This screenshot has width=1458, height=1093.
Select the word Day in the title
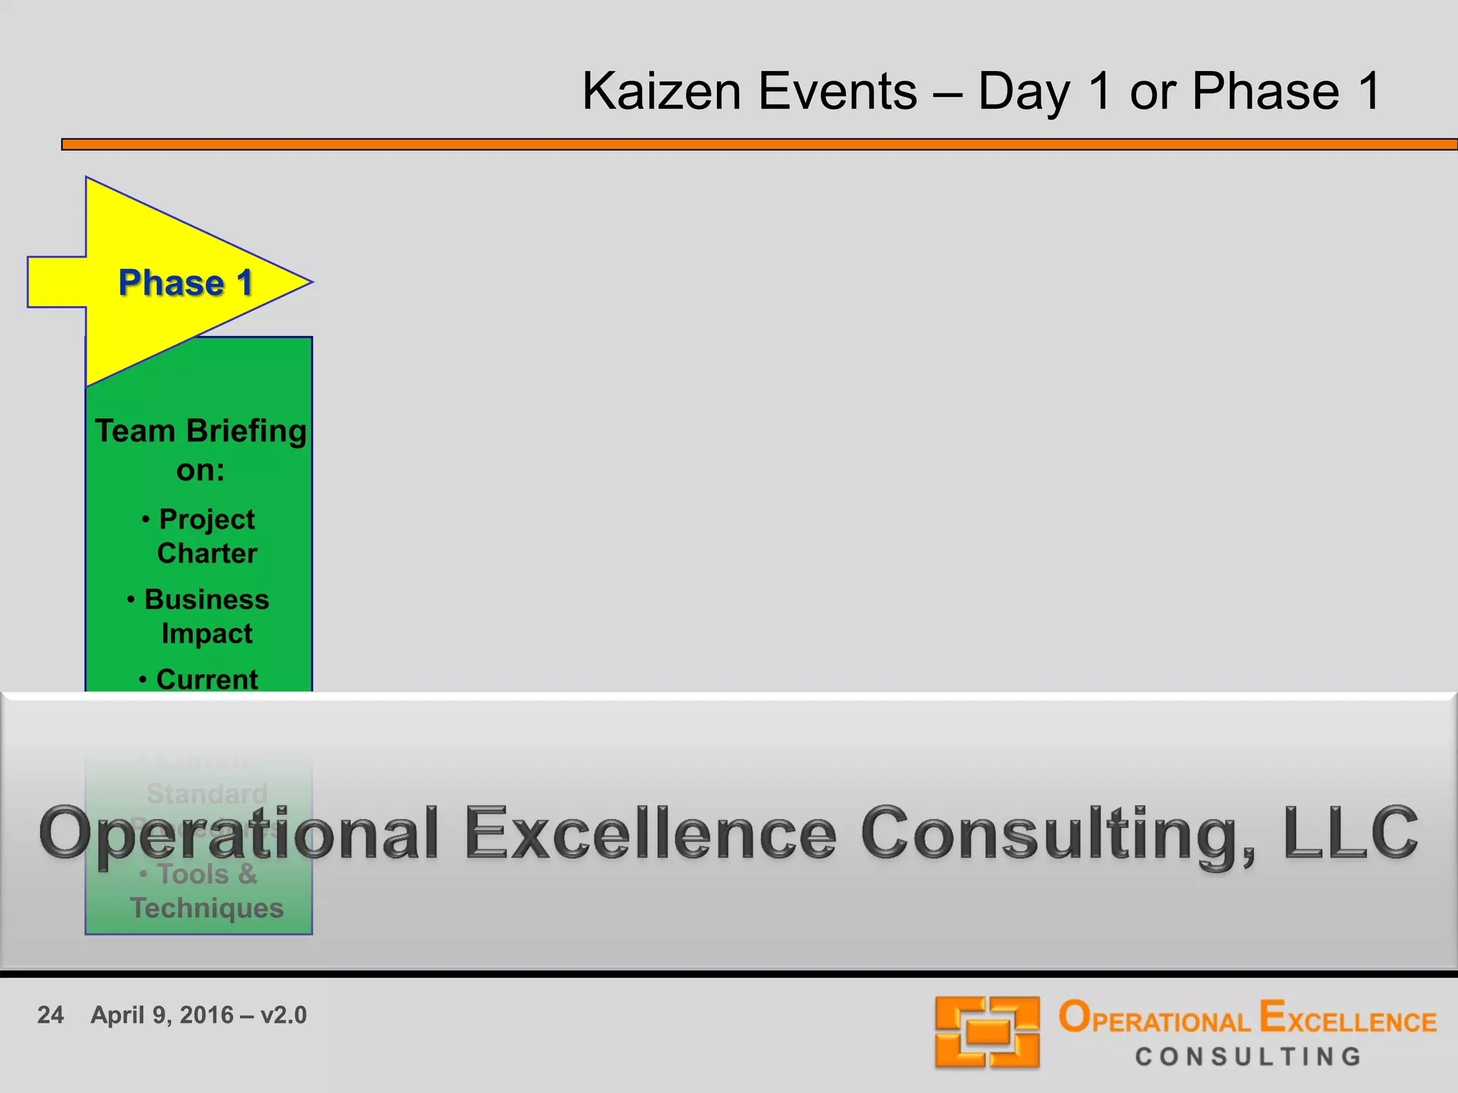(1024, 93)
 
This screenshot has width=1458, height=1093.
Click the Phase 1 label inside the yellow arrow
(186, 283)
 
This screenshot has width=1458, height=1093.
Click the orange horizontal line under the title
(759, 144)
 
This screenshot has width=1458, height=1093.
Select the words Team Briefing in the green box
(201, 431)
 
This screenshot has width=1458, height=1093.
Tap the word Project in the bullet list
(206, 519)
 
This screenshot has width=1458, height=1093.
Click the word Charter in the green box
(207, 554)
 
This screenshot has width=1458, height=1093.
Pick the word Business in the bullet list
(206, 600)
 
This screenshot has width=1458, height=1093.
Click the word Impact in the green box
(206, 633)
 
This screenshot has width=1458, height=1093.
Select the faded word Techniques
(206, 909)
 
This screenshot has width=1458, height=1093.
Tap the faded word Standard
(207, 793)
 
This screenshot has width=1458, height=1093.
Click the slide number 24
(51, 1015)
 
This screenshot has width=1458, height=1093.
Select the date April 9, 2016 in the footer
(162, 1015)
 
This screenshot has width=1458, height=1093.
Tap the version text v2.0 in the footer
(283, 1015)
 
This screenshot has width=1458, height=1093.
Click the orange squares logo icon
(987, 1032)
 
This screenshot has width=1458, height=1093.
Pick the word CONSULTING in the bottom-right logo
(1248, 1057)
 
